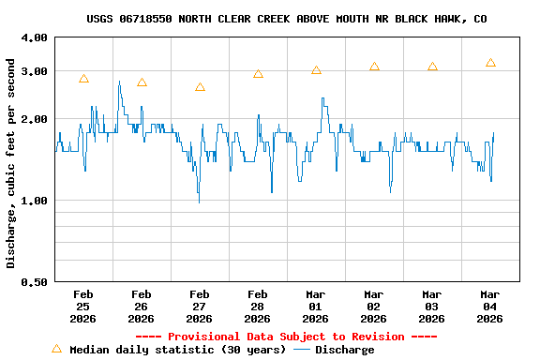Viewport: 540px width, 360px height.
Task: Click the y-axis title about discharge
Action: (11, 163)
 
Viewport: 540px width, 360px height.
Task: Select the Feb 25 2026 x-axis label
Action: (83, 306)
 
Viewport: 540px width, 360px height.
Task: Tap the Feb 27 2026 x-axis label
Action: (200, 306)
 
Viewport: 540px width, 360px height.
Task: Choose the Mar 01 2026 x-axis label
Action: (316, 306)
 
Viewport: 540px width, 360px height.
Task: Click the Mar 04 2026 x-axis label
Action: (490, 306)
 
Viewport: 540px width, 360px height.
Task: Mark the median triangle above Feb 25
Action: (83, 79)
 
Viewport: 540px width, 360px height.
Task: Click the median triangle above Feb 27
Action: (200, 87)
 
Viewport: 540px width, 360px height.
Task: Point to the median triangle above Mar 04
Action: (490, 63)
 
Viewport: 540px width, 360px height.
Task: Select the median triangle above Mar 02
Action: (374, 67)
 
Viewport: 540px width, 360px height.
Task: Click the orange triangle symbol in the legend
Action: (56, 349)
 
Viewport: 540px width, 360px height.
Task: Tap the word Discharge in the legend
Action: (344, 350)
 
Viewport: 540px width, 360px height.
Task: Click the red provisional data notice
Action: (286, 337)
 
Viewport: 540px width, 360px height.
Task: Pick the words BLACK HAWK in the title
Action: (425, 19)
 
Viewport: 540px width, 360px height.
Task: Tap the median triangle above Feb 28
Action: (258, 73)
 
